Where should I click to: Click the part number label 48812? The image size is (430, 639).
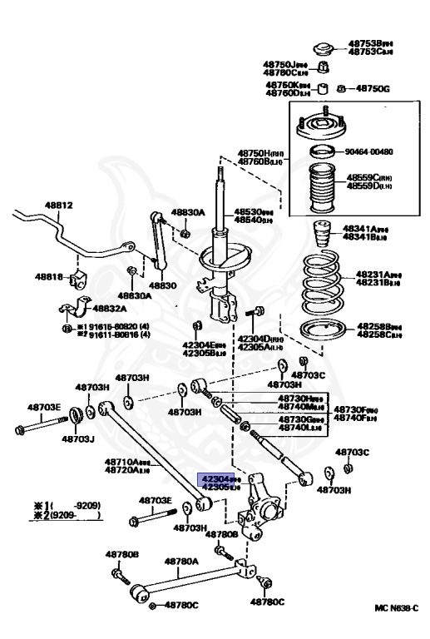coord(58,205)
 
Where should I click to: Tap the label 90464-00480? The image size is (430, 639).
coord(369,151)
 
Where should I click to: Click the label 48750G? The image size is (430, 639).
coord(373,88)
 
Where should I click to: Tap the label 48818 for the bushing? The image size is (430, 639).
coord(48,276)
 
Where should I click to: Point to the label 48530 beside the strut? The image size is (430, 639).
coord(252,211)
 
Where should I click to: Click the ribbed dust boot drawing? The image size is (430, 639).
coord(319,191)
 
